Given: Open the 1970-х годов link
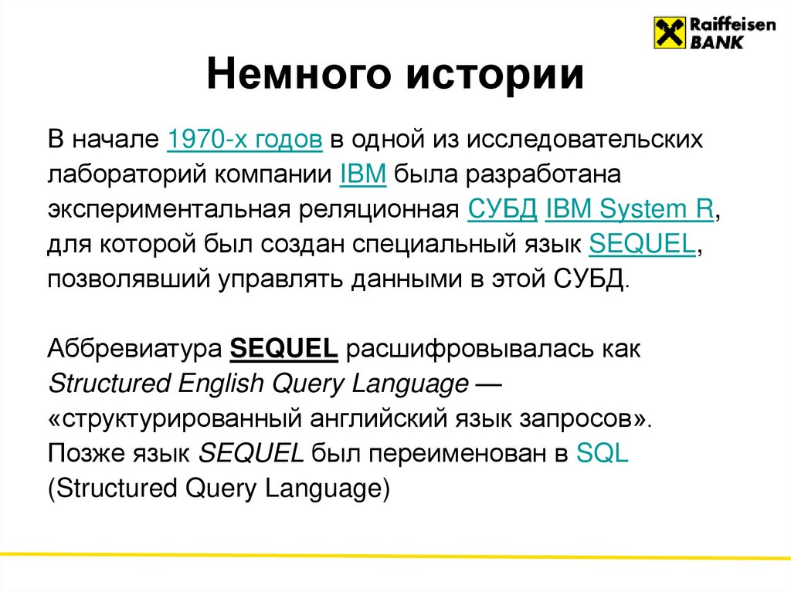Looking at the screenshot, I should [244, 140].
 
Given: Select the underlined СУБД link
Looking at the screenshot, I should [503, 209].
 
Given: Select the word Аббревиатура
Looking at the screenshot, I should [135, 349].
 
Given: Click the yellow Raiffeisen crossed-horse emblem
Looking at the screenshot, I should [670, 32].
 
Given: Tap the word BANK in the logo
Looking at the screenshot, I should [716, 42].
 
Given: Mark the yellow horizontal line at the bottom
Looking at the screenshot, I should [395, 555].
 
